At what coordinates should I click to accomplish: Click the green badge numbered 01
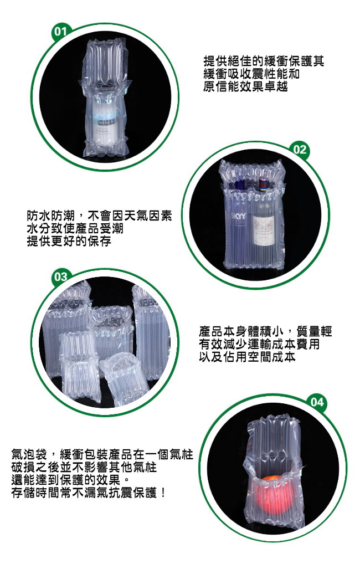click(60, 32)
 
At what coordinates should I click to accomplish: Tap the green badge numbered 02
click(300, 150)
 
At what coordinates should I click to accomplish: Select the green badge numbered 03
click(60, 277)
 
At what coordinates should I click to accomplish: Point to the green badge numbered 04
click(317, 402)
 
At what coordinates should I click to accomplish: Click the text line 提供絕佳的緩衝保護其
click(264, 61)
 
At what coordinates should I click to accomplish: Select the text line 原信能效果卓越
click(245, 86)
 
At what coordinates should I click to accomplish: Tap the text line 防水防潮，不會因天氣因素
click(99, 216)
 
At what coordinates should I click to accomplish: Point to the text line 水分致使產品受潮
click(75, 228)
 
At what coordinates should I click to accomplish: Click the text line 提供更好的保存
click(69, 241)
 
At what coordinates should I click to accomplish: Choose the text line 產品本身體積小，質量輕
click(265, 331)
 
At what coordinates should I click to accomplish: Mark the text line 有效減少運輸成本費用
click(259, 344)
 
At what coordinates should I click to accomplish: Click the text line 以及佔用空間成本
click(247, 356)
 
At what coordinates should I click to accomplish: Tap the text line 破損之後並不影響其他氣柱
click(84, 467)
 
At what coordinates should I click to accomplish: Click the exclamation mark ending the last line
click(163, 493)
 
